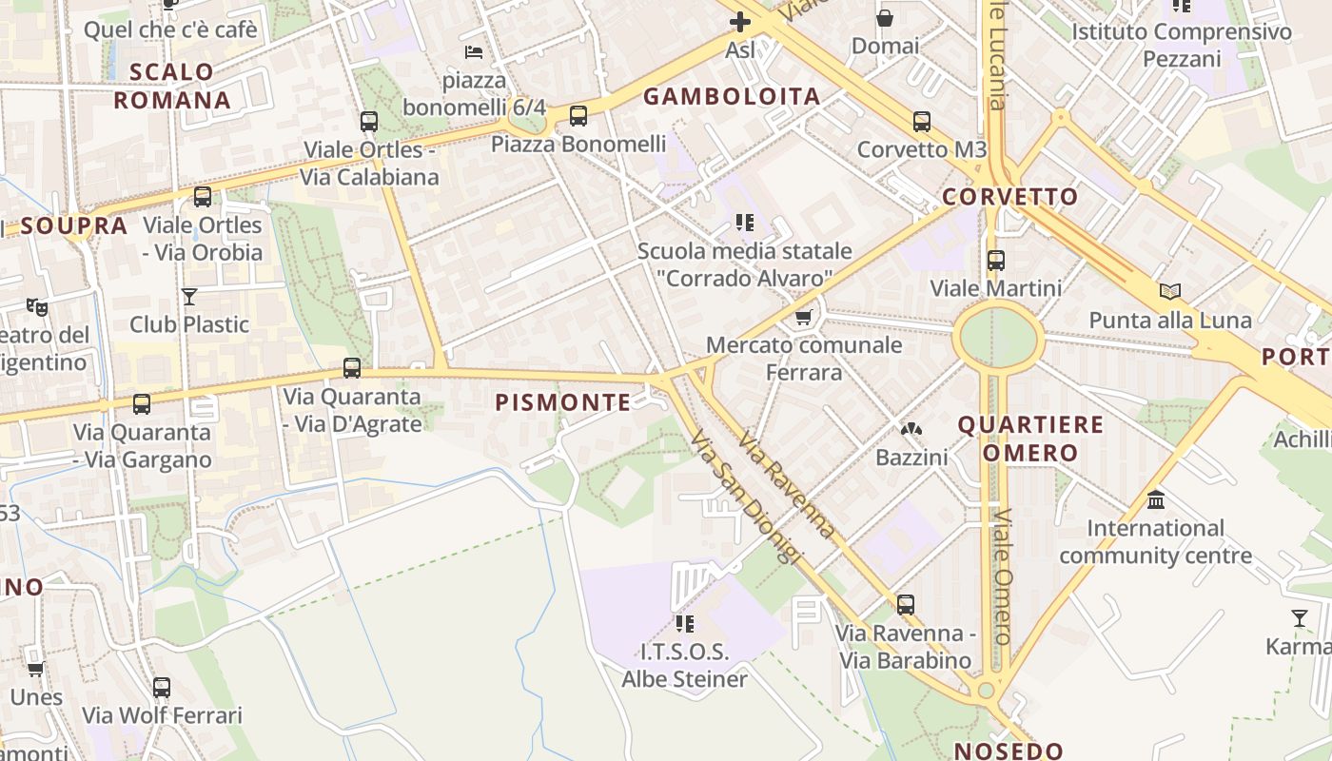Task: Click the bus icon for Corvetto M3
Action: click(x=921, y=122)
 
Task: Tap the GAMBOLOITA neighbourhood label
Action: click(x=732, y=96)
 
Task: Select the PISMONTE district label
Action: click(x=563, y=402)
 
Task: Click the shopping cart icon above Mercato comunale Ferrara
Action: click(x=804, y=317)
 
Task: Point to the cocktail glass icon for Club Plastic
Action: click(x=189, y=297)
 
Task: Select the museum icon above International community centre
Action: click(x=1156, y=499)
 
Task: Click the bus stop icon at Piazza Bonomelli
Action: click(x=578, y=116)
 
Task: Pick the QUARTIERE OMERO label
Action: click(x=1030, y=439)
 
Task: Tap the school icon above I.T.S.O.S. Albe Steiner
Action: click(x=684, y=624)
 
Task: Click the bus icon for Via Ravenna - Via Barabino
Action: click(x=905, y=604)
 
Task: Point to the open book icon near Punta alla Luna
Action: click(x=1169, y=292)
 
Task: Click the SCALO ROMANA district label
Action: click(x=172, y=86)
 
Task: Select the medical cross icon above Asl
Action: click(x=739, y=21)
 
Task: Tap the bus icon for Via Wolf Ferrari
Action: click(x=162, y=687)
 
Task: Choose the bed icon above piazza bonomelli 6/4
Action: click(x=474, y=51)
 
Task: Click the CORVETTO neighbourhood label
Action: click(x=1010, y=197)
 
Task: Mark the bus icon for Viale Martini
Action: click(x=995, y=260)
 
